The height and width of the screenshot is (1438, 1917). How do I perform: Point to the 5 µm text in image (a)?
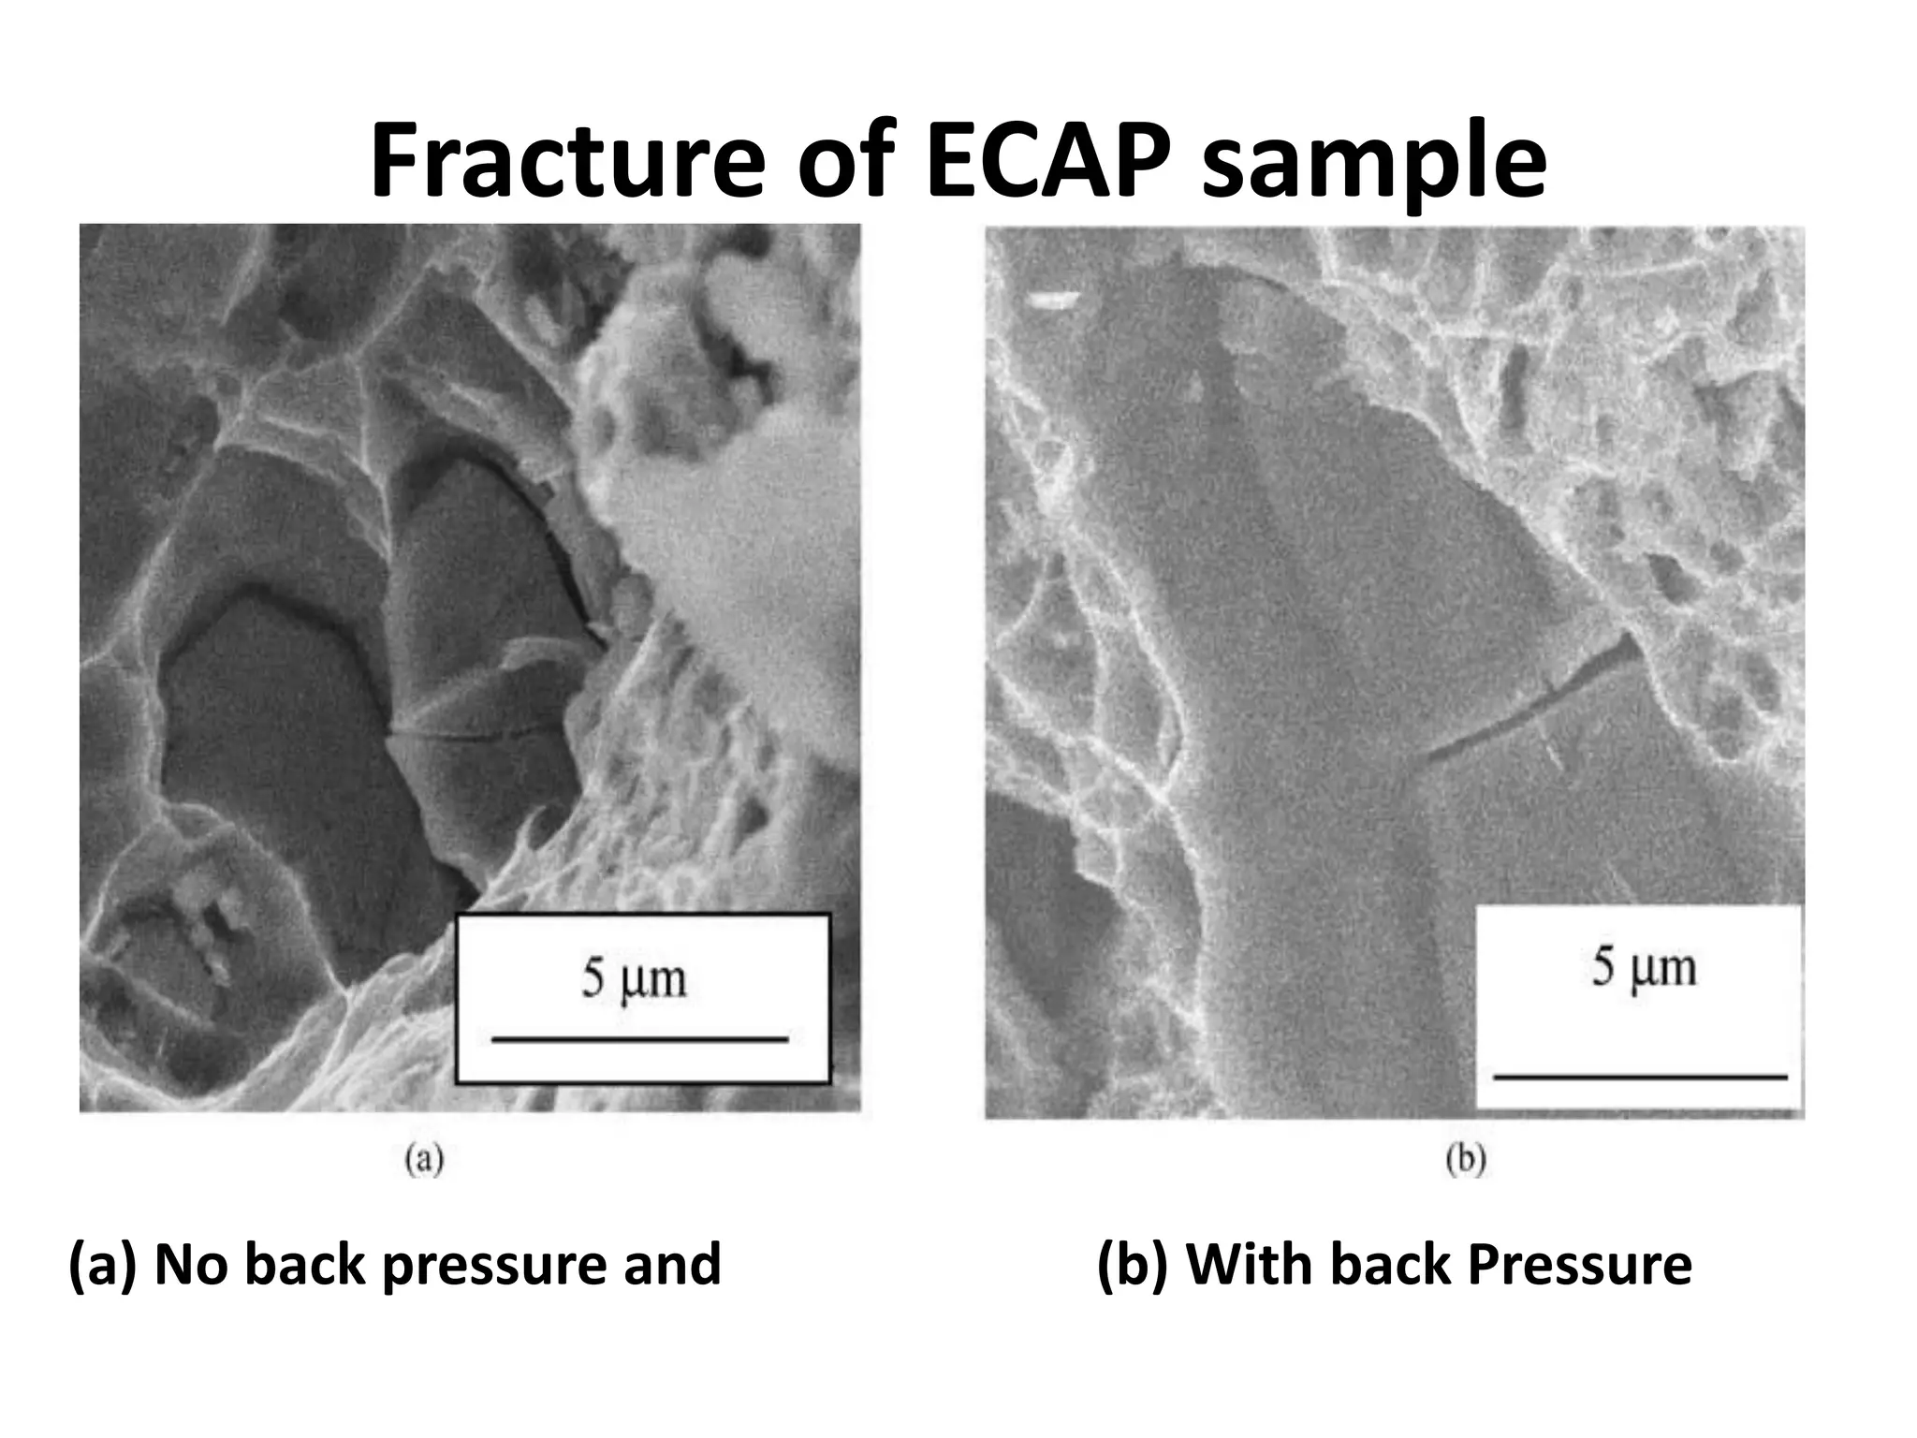point(635,979)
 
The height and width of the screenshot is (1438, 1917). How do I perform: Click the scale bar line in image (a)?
point(640,1039)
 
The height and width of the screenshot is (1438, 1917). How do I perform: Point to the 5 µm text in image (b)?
point(1644,967)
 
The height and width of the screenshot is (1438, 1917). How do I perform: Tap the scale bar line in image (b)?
point(1640,1078)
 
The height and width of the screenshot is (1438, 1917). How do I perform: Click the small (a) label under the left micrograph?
point(423,1161)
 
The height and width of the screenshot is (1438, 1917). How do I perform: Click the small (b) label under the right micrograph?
point(1466,1161)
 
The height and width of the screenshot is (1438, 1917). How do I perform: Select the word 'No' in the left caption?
point(190,1265)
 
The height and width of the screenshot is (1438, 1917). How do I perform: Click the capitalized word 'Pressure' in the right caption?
point(1579,1265)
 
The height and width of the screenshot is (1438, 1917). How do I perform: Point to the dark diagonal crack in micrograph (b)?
point(1535,697)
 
